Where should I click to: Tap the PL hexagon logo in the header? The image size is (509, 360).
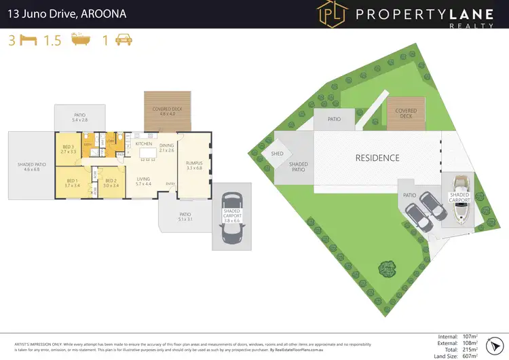coord(332,14)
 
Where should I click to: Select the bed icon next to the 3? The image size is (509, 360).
coord(28,40)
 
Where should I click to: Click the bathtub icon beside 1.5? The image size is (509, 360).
coord(75,40)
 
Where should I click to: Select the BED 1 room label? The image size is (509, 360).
coord(72,182)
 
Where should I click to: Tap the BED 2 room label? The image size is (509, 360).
coord(111,182)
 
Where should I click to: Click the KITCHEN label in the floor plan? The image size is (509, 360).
coord(144,144)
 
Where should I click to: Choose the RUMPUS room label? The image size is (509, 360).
coord(194,164)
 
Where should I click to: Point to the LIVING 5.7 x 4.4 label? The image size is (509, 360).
coord(143,181)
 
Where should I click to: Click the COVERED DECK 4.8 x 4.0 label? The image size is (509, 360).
coord(167,111)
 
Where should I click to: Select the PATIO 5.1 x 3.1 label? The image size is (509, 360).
coord(186,217)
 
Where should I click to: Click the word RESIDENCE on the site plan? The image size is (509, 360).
coord(377,158)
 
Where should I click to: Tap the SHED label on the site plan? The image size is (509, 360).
coord(276,154)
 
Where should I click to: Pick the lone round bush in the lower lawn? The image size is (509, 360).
coord(388,268)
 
